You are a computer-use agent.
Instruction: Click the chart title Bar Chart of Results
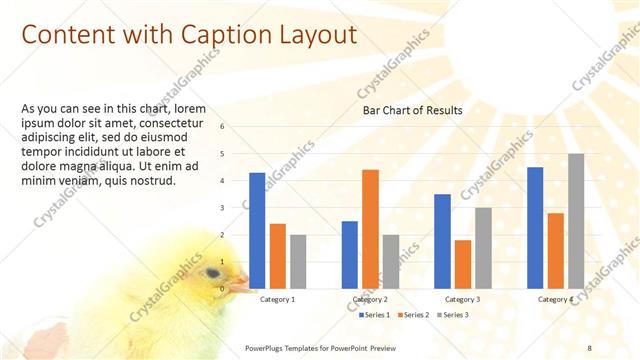411,110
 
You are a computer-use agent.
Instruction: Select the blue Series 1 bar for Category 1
257,231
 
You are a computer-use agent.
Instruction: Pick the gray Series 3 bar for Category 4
576,221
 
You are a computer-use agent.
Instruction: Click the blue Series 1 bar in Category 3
442,241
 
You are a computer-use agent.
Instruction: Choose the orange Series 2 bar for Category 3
462,264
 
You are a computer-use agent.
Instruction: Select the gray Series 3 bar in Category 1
298,262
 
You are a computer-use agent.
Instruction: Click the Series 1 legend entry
374,315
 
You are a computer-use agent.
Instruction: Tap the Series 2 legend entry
412,315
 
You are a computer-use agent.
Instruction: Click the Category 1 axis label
277,299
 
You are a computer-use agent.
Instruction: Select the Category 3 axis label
462,299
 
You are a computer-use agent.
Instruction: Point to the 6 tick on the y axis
236,127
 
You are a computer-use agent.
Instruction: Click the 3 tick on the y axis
236,208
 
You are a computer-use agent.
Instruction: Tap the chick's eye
213,272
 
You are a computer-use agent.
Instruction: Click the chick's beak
238,286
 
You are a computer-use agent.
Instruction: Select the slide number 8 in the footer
589,346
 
